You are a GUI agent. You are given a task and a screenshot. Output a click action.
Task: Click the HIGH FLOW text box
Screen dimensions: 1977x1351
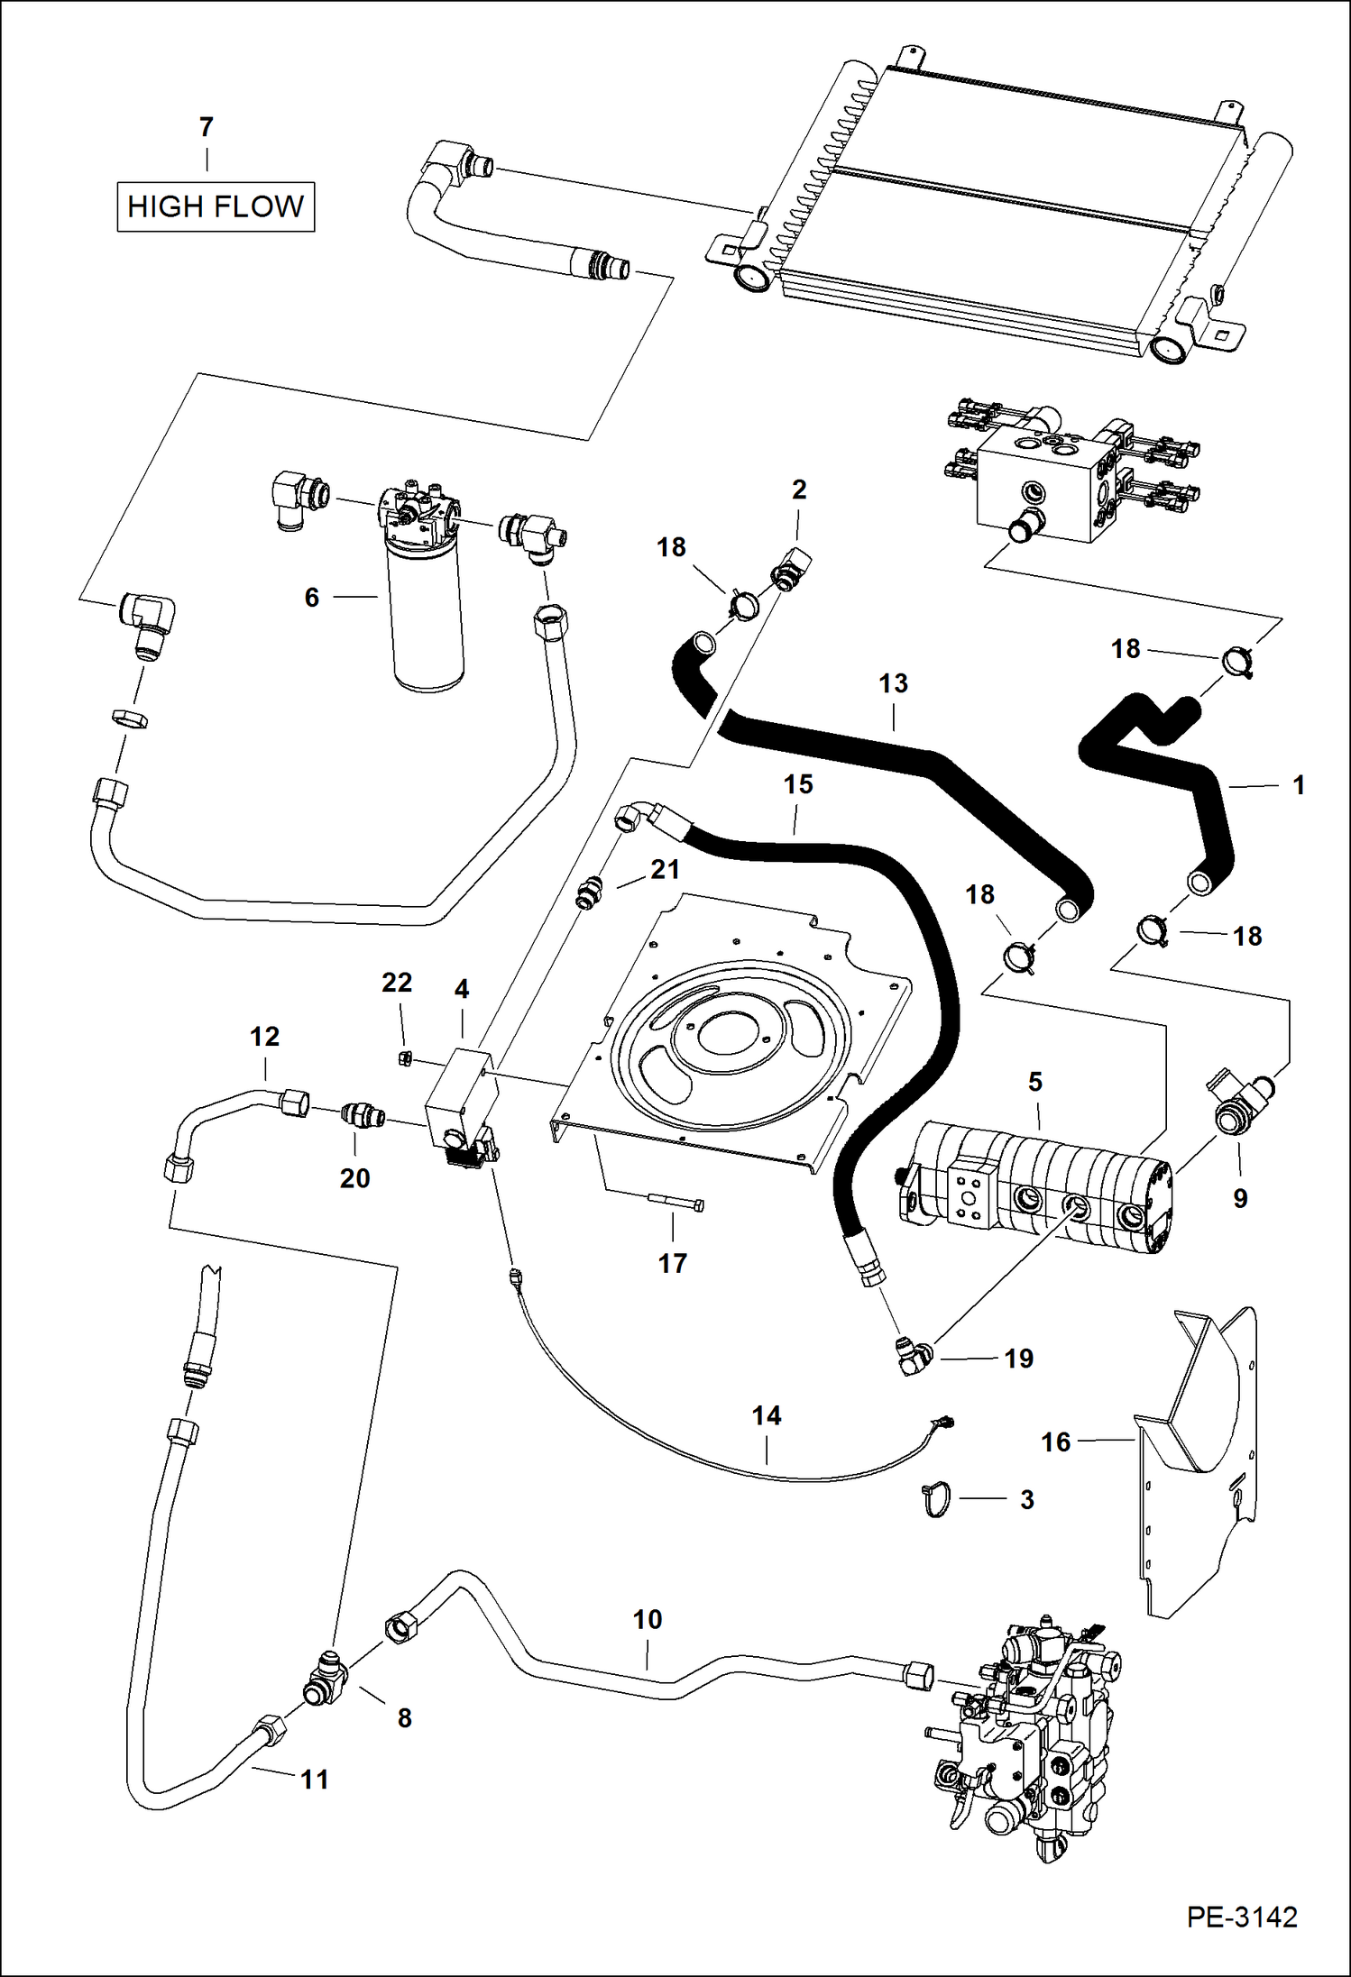(216, 207)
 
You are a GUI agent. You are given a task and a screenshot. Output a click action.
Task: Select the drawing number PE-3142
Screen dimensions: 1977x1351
(1242, 1917)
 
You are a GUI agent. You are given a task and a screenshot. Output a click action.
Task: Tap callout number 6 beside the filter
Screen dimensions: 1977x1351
(312, 598)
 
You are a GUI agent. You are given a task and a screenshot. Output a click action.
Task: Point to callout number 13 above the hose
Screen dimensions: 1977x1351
(893, 683)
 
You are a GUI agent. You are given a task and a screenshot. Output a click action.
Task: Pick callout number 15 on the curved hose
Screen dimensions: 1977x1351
(798, 784)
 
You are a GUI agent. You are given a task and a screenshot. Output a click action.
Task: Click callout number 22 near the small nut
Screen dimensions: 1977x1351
(397, 982)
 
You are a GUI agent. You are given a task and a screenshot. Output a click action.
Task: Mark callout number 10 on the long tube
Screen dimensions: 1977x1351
(648, 1620)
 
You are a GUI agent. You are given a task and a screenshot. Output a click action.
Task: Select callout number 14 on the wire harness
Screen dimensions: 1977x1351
(767, 1415)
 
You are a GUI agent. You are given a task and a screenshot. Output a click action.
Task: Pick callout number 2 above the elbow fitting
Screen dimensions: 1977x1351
(799, 490)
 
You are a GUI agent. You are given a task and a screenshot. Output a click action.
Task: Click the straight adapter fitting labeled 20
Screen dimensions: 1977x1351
(363, 1118)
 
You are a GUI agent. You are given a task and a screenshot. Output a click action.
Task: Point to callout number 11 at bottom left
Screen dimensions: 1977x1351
(314, 1780)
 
